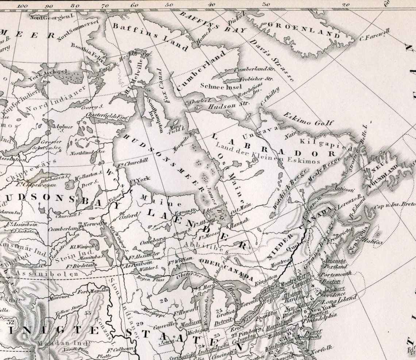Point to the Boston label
coord(331,281)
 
